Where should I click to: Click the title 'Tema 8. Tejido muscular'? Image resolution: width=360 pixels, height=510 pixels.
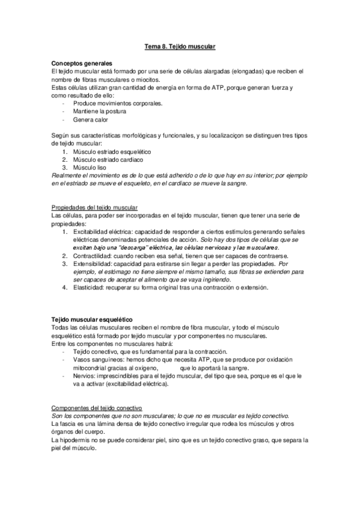tap(180, 46)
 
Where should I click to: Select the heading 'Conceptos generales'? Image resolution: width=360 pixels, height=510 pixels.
tap(82, 63)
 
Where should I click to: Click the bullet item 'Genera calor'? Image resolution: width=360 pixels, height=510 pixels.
tap(90, 120)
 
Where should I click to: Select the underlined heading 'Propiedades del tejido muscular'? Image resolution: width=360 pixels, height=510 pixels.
tap(95, 207)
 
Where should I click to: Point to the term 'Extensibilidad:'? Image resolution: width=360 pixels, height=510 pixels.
tap(93, 263)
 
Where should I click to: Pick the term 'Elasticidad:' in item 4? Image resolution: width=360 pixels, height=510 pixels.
tap(89, 287)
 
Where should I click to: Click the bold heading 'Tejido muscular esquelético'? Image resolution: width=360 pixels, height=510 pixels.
tap(93, 319)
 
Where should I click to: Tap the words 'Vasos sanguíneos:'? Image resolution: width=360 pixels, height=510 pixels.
tap(99, 360)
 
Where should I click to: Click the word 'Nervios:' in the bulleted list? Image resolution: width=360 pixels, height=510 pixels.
tap(86, 376)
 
